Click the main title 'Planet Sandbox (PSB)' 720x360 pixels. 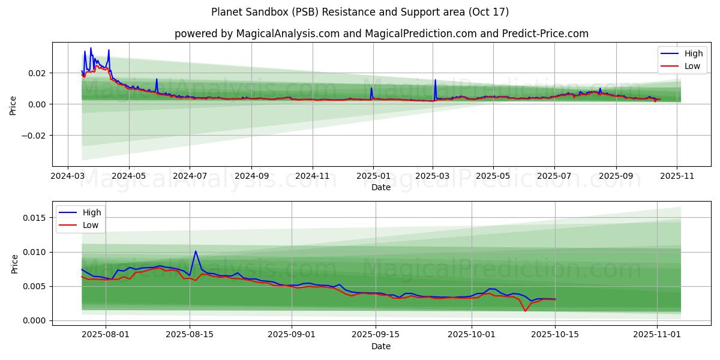pos(360,12)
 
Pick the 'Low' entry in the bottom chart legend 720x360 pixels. pos(91,225)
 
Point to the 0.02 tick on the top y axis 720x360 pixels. pos(37,73)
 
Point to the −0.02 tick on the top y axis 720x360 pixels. pos(34,136)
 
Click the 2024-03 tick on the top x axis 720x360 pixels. pos(67,176)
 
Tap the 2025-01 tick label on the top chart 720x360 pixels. pos(373,176)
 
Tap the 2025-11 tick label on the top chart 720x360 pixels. pos(677,176)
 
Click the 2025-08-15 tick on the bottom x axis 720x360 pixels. pos(190,334)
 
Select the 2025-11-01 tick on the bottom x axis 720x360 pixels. pos(658,334)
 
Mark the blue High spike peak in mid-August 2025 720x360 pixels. pos(195,251)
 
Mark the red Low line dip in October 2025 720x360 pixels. pos(525,311)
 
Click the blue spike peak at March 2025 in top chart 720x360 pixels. pos(435,80)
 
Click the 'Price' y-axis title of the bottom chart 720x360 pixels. pos(15,263)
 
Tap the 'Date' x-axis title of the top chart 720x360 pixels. pos(381,187)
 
